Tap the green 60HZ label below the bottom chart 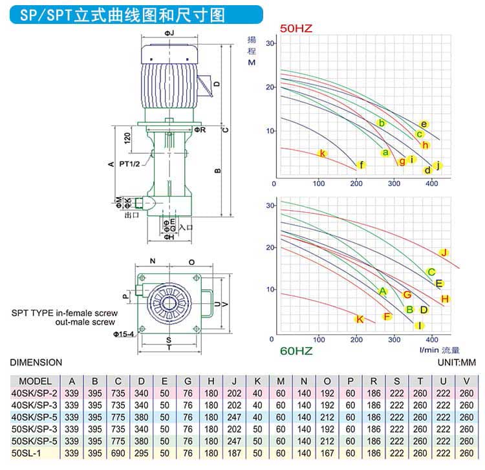tap(297, 351)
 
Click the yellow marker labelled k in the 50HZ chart tap(322, 153)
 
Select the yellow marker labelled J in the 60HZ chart tap(444, 253)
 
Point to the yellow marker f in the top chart tap(361, 165)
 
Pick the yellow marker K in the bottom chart tap(360, 319)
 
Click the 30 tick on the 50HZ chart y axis tap(271, 43)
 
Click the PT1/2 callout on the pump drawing tap(137, 154)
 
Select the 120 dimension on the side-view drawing tap(127, 137)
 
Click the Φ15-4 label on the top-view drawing tap(123, 334)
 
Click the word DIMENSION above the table tap(36, 363)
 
